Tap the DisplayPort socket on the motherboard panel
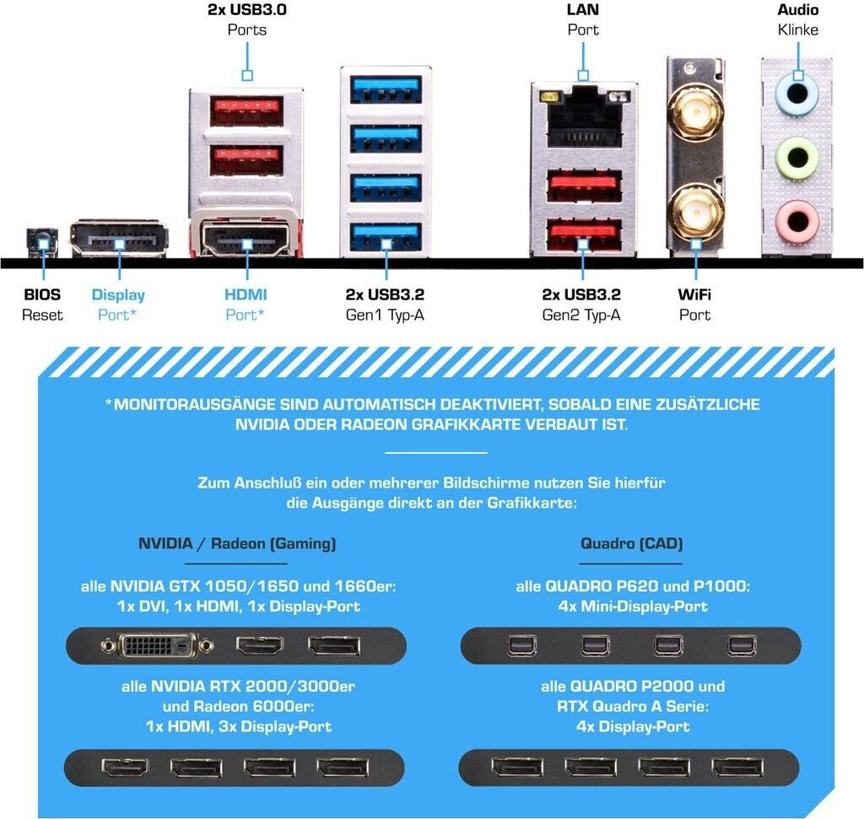[118, 240]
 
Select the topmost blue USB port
[386, 86]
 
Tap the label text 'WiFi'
[694, 295]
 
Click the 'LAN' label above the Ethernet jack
[582, 11]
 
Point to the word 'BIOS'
[42, 295]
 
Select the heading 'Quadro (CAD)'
[631, 544]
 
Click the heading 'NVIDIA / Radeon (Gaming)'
[237, 544]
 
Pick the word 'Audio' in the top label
[797, 11]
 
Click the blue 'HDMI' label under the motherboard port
[246, 295]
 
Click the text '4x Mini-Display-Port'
[631, 606]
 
